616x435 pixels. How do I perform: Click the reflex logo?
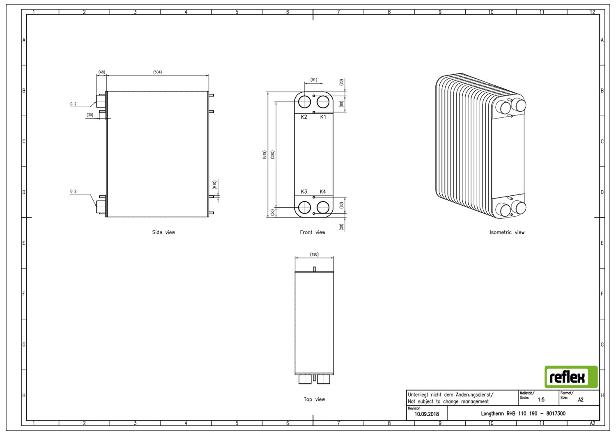coord(571,377)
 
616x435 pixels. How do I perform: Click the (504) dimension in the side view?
coord(157,72)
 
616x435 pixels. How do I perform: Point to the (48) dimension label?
coord(101,72)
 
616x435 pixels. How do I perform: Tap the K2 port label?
coord(303,117)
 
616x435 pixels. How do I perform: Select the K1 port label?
coord(323,117)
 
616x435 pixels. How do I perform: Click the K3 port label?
coord(303,192)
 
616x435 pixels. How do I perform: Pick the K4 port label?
coord(322,192)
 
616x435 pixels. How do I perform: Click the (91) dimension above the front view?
coord(313,80)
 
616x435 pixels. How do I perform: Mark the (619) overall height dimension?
coord(264,154)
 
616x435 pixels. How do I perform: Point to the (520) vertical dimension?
coord(273,154)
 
